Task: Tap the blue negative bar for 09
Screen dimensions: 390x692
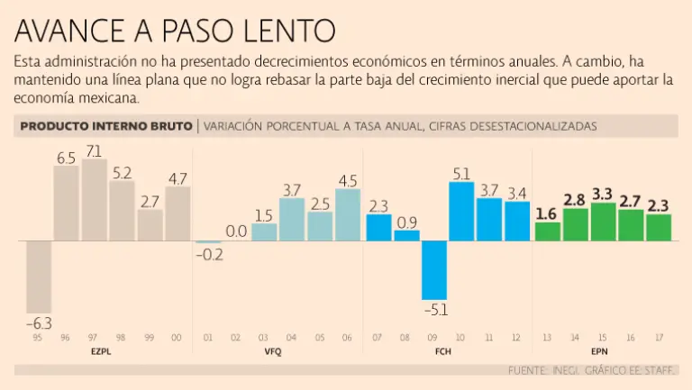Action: pos(434,270)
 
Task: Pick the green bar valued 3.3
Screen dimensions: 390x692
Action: pos(602,222)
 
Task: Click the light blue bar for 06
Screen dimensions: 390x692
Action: pos(348,215)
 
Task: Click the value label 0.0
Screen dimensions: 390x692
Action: pos(236,231)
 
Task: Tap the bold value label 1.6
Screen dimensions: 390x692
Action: pos(546,213)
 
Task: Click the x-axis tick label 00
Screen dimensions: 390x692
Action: pos(177,338)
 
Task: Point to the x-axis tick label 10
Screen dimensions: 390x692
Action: pos(461,338)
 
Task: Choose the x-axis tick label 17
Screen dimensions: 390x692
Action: pos(659,338)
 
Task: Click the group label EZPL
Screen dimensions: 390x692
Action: pos(101,351)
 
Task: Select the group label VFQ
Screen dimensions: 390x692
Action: pos(272,351)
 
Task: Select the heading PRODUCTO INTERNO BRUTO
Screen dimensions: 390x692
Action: pos(105,127)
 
